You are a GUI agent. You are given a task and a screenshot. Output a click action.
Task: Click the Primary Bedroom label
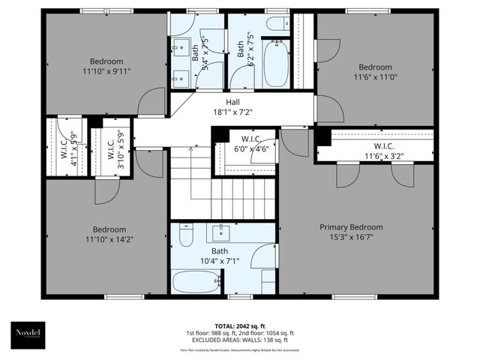pos(351,227)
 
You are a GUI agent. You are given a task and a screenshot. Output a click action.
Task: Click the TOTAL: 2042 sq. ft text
pos(239,325)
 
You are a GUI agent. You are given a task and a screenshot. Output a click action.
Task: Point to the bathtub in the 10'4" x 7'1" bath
pos(194,282)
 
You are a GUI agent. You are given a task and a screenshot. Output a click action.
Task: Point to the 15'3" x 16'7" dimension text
pos(351,238)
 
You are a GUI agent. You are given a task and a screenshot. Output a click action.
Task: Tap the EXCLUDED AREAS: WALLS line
pos(239,340)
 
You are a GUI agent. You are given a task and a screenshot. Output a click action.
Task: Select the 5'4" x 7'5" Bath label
pos(202,54)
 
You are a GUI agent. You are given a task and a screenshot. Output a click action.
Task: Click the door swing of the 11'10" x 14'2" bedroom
pos(105,193)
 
